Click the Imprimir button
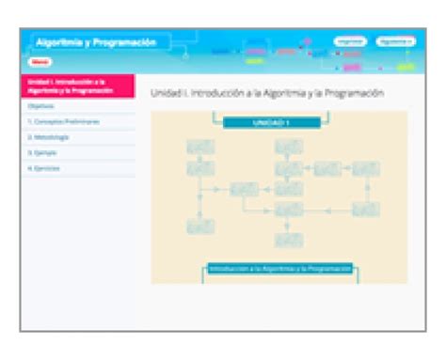coord(349,42)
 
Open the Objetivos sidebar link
coord(41,106)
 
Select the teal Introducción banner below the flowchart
coord(280,269)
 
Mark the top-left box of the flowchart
coord(200,148)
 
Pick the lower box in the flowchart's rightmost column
coord(365,210)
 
